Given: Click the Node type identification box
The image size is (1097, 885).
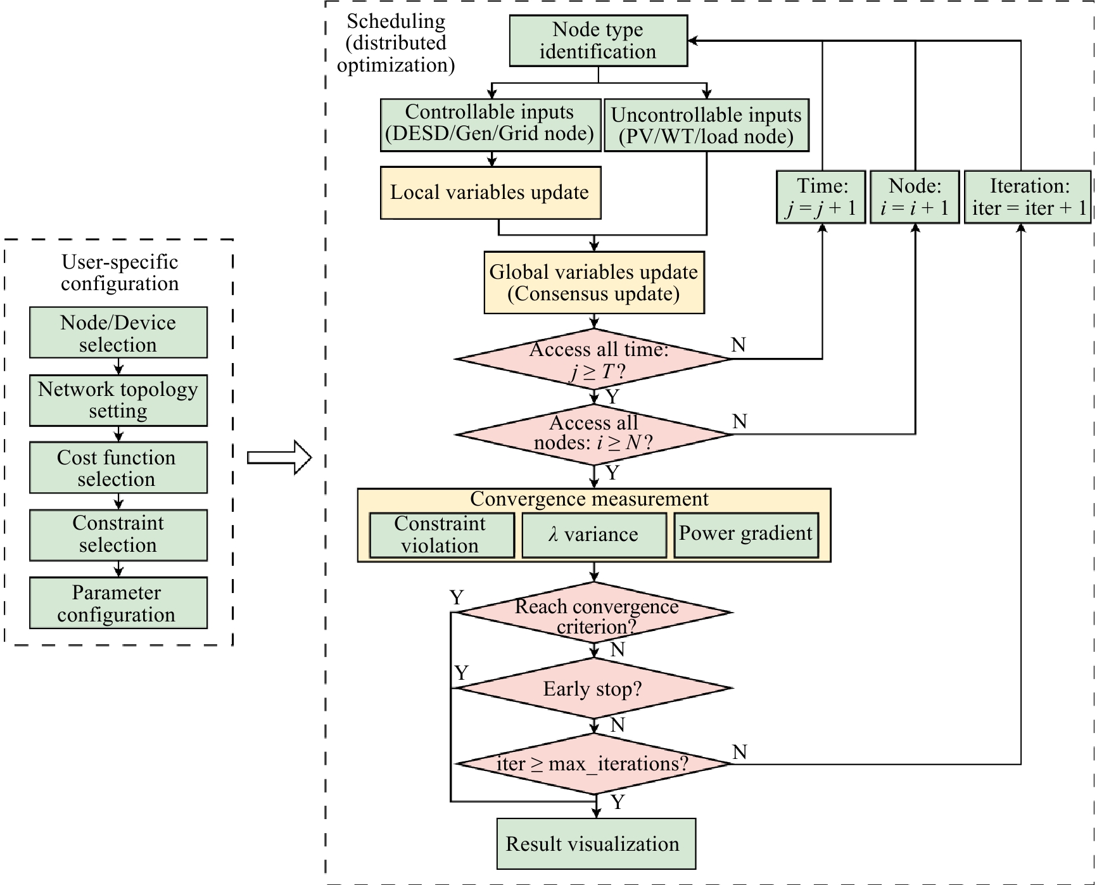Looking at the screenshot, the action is pos(599,41).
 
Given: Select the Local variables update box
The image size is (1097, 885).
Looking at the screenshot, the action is pos(491,193).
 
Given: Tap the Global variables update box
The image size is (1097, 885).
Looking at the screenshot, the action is pos(594,283).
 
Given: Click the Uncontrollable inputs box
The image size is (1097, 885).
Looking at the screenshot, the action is pos(707,125).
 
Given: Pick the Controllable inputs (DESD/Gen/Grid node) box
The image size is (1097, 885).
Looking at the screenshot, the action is pos(491,125).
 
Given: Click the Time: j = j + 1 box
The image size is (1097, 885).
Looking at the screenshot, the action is pos(821,197).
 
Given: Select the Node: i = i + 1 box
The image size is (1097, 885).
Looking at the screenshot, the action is pos(915,197).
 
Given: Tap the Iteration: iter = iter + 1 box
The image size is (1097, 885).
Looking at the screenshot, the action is pos(1027,197).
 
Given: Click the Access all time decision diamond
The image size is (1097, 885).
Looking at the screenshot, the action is pos(594,359).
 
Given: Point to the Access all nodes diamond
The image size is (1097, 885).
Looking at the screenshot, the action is pos(594,435).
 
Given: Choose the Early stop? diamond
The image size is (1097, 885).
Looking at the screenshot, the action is pos(594,688).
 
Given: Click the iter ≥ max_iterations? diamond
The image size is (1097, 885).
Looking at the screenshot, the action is pos(594,764).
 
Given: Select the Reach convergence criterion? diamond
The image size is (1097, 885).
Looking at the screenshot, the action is pos(594,613).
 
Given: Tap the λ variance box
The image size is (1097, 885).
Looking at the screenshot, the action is pos(594,535).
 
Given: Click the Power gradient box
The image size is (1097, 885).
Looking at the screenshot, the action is pos(746,535).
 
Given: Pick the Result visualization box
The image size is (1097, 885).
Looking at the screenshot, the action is pos(596,844).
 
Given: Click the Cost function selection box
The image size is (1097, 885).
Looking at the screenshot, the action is pos(118,468).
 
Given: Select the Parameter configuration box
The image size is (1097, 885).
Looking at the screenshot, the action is pos(118,602).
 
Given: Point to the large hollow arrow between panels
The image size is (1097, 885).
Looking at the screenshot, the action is pos(279,457).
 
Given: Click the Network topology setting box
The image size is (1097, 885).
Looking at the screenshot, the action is pos(118,400).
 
